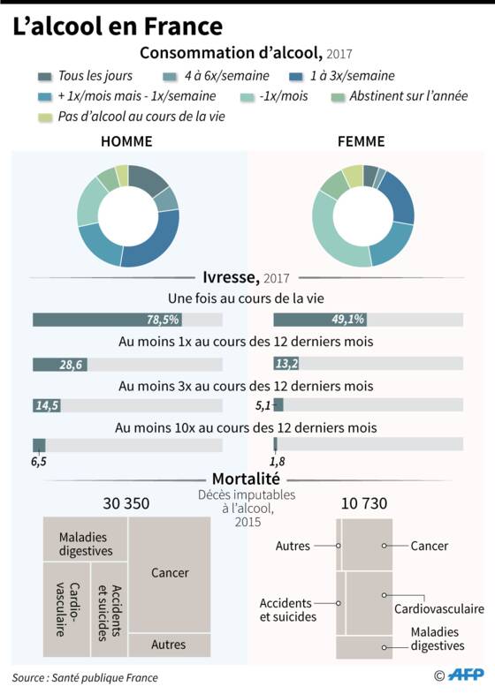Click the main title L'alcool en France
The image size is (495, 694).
(x=118, y=26)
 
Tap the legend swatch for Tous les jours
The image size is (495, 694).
(x=45, y=77)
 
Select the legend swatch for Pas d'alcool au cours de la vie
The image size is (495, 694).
(x=45, y=117)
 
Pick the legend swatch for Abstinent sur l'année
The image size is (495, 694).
(x=338, y=97)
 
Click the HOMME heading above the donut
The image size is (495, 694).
(x=126, y=141)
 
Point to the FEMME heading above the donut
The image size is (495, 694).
(x=362, y=141)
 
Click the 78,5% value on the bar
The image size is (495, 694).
(x=163, y=320)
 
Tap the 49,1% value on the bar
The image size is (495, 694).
(x=348, y=319)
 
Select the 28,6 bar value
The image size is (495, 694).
(x=71, y=365)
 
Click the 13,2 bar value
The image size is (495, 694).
(x=286, y=364)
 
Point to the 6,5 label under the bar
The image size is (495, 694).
(x=39, y=462)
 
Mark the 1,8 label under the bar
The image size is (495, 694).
(x=278, y=462)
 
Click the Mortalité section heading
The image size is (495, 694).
(x=246, y=479)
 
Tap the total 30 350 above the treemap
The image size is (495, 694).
(x=126, y=503)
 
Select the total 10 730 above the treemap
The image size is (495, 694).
(x=364, y=503)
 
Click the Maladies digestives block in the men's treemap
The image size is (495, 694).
(x=85, y=539)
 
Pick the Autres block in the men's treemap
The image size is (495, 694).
(x=170, y=645)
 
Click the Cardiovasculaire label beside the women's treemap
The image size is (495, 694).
(x=439, y=609)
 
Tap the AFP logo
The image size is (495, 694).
(x=465, y=675)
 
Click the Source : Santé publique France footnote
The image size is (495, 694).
(x=85, y=677)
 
